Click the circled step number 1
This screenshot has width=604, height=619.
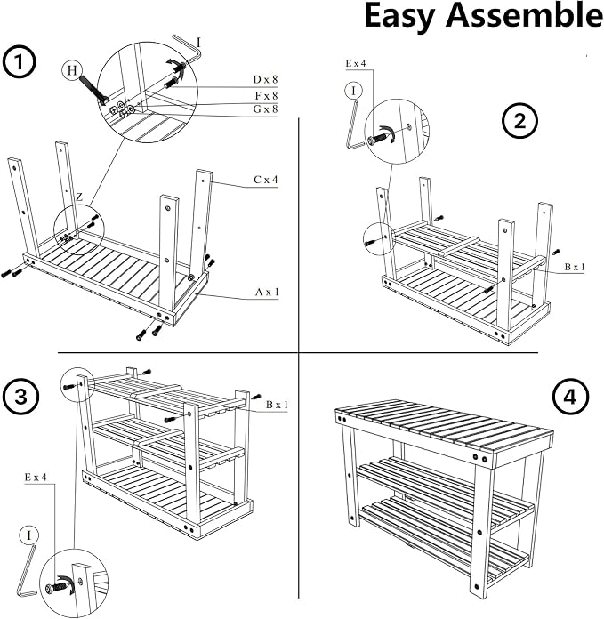(19, 62)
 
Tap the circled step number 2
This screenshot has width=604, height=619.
(519, 120)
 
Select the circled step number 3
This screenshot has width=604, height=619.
(21, 396)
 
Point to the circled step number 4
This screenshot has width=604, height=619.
(570, 397)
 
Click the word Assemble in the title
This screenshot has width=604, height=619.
(525, 16)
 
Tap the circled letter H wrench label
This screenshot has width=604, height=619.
(72, 70)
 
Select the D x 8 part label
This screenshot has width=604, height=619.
(265, 80)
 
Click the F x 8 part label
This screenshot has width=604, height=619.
(266, 95)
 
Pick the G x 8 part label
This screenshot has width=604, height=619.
(265, 109)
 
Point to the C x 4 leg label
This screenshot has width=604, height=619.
(266, 180)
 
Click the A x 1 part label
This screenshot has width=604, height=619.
(267, 292)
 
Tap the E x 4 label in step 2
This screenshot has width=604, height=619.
(356, 63)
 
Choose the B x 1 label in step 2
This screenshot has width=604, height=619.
(575, 268)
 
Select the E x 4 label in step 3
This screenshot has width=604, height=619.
(36, 478)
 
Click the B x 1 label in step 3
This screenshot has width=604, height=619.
(277, 405)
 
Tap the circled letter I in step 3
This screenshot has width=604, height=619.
(28, 535)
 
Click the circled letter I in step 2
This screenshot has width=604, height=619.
(353, 92)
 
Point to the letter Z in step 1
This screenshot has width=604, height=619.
(79, 197)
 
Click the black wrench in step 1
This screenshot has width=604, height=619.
(92, 90)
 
